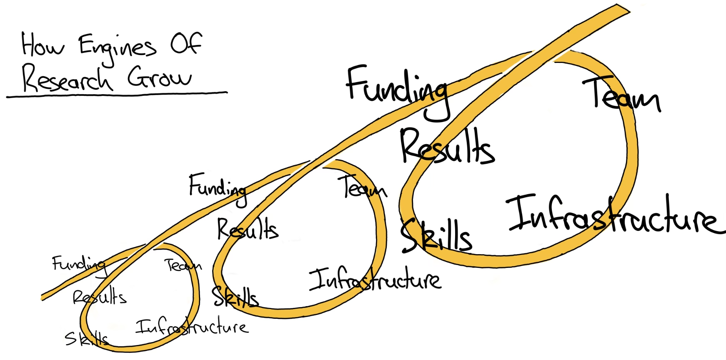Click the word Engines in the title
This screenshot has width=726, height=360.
click(118, 47)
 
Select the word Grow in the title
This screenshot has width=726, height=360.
click(160, 77)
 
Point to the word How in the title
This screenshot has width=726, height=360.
click(43, 44)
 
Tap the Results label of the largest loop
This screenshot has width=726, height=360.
click(447, 147)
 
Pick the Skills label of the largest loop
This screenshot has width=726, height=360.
click(436, 235)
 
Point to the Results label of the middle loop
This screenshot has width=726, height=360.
click(248, 229)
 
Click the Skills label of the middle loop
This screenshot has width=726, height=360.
click(235, 297)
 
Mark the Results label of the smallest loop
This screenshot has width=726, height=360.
click(100, 297)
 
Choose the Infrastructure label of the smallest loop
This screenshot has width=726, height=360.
click(192, 327)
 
